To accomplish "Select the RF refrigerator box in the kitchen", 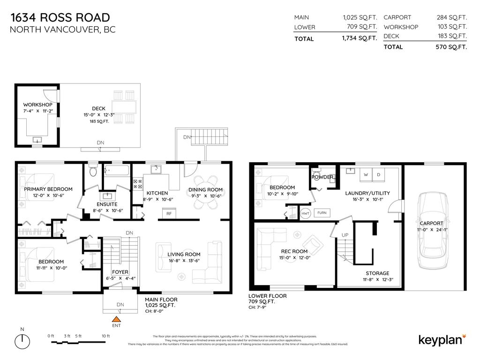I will click(168, 213).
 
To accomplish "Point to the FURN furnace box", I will click(322, 212).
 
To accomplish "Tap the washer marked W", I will click(365, 175).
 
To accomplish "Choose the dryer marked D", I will click(379, 175).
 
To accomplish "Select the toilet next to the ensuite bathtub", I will click(93, 171).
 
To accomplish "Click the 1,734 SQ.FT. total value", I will click(360, 39).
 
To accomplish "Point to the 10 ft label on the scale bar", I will click(105, 336).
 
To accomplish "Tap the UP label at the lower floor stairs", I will click(345, 235).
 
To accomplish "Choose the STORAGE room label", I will click(377, 273).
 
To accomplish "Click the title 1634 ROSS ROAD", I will click(60, 18).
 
